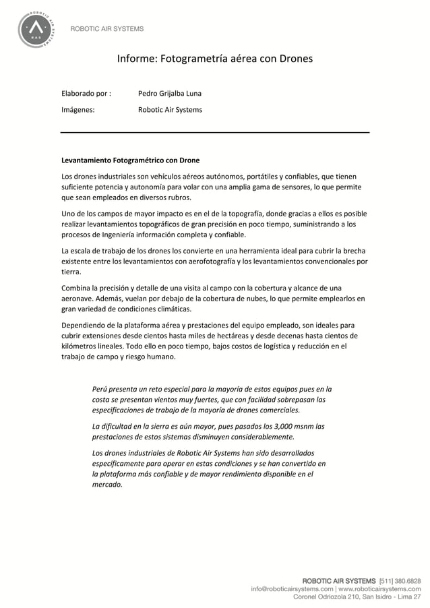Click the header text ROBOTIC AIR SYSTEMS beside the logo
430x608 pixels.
click(107, 29)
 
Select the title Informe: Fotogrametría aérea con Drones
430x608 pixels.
click(214, 59)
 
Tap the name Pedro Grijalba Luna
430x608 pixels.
click(169, 93)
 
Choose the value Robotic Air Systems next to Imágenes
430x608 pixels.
click(169, 109)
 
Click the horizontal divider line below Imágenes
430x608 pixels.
click(215, 133)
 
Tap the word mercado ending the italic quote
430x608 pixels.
click(106, 484)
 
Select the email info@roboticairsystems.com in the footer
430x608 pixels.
click(296, 588)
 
